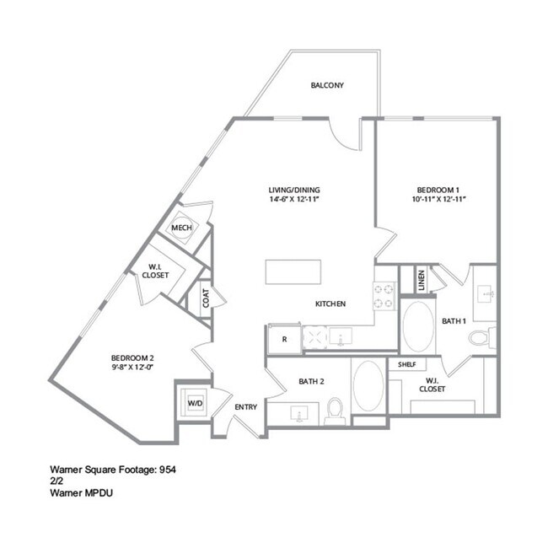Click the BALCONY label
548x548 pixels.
(326, 86)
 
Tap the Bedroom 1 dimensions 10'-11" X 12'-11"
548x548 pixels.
(441, 200)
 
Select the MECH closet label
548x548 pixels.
(181, 228)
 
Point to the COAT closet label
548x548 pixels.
(205, 298)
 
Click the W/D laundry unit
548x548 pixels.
(195, 403)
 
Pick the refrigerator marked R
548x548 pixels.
(284, 339)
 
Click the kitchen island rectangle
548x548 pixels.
(293, 272)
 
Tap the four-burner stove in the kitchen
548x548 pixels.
(385, 295)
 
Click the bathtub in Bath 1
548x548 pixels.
(416, 328)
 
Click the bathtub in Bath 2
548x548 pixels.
(368, 386)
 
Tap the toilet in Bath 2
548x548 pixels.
(334, 411)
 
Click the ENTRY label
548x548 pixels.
(246, 407)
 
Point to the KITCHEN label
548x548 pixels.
(330, 304)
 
